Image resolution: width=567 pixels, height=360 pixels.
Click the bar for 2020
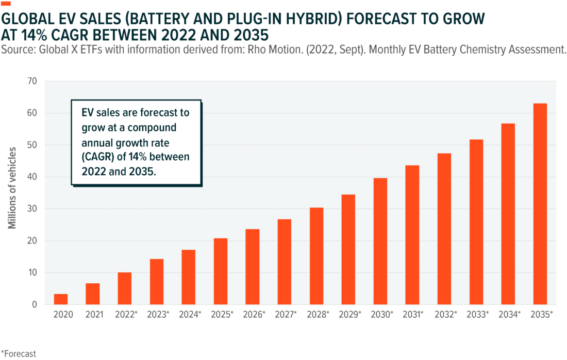point(61,299)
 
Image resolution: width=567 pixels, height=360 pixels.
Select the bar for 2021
point(93,294)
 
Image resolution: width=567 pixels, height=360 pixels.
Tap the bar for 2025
point(221,271)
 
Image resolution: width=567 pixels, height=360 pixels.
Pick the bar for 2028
point(316,255)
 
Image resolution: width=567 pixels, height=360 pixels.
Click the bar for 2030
point(380,241)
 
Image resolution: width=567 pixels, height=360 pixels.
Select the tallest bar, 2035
point(540,203)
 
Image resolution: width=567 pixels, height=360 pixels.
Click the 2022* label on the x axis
point(125,314)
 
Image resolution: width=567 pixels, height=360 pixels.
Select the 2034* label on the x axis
point(508,314)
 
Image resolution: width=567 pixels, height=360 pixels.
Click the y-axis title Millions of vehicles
point(11,188)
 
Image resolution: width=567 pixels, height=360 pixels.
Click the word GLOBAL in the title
point(30,20)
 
